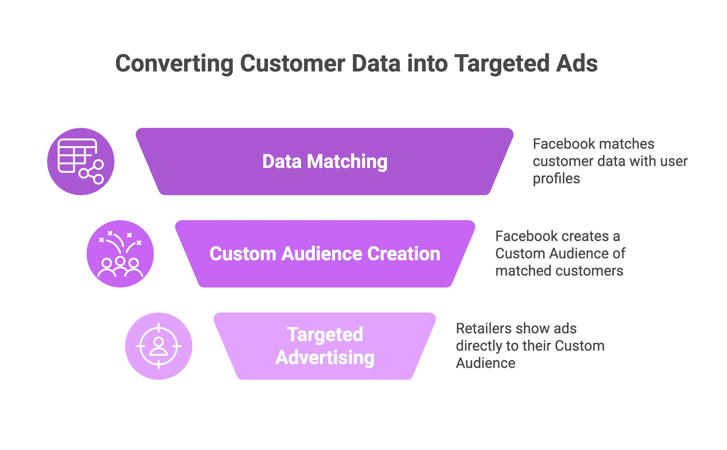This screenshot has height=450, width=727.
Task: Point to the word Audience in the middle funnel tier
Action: coord(324,254)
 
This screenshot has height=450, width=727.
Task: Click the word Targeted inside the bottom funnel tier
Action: coord(325,335)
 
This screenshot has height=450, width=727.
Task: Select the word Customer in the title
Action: coord(292,63)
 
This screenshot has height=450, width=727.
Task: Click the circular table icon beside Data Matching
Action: coord(81,161)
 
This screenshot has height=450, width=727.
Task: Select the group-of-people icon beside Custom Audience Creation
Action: coord(121,254)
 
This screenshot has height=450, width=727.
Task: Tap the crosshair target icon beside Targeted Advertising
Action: coord(159,346)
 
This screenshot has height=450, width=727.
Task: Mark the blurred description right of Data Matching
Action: coord(609,161)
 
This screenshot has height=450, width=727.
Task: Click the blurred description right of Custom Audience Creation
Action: coord(559,254)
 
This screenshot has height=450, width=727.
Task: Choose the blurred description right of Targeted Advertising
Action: coord(529,346)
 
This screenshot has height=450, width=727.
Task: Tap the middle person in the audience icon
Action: coord(120,265)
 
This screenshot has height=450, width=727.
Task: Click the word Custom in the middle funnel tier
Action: coord(243,254)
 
